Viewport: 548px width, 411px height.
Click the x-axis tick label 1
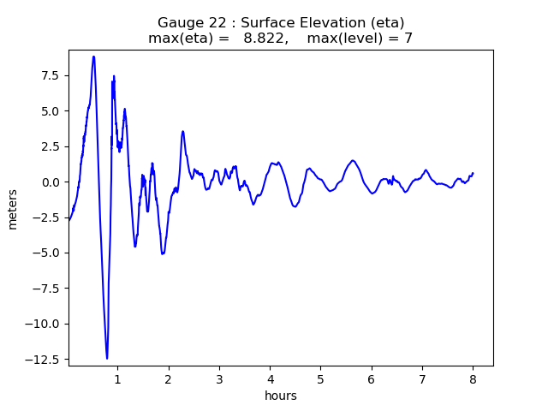click(118, 378)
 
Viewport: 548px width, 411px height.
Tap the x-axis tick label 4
click(271, 378)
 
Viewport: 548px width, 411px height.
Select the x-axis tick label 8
click(473, 378)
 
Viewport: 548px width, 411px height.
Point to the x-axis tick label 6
click(372, 378)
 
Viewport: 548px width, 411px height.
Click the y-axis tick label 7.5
click(49, 75)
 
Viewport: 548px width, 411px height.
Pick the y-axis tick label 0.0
click(49, 182)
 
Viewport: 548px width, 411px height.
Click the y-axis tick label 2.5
click(49, 146)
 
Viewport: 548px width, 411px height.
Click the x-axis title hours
click(281, 396)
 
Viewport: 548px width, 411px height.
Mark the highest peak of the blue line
click(94, 57)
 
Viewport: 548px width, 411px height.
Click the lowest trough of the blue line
click(107, 359)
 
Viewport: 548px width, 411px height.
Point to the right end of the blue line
click(473, 173)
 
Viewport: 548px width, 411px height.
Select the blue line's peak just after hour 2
click(183, 131)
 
